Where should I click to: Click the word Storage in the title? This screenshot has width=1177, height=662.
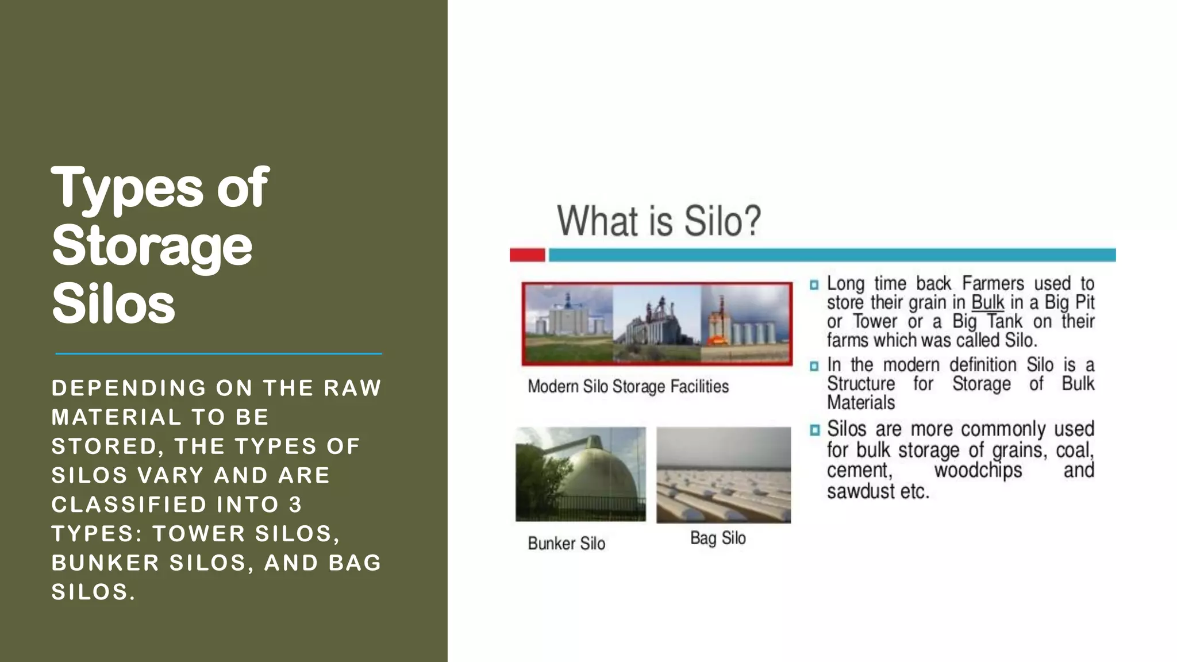coord(152,246)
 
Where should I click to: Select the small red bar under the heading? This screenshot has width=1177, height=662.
coord(527,255)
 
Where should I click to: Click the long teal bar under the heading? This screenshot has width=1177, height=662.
coord(832,255)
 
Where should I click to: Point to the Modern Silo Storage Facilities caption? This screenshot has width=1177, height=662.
coord(628,387)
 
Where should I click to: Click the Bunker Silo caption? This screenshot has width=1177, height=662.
coord(566,544)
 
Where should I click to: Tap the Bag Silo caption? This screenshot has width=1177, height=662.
coord(718,538)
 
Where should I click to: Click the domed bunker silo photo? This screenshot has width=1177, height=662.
coord(580,474)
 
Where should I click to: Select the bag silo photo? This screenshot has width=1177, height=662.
coord(724,475)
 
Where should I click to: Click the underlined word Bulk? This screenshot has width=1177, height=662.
coord(987,302)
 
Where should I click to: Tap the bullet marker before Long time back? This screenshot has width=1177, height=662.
coord(814,284)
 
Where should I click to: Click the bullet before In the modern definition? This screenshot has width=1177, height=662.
coord(814,366)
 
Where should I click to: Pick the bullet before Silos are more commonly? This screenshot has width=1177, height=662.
coord(814,430)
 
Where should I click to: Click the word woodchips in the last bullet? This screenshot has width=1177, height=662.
coord(978,471)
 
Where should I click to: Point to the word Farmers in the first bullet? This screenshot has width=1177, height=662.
coord(993,283)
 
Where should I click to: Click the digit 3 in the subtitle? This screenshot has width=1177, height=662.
coord(295,505)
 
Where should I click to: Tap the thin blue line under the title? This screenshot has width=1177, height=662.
coord(218,353)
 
